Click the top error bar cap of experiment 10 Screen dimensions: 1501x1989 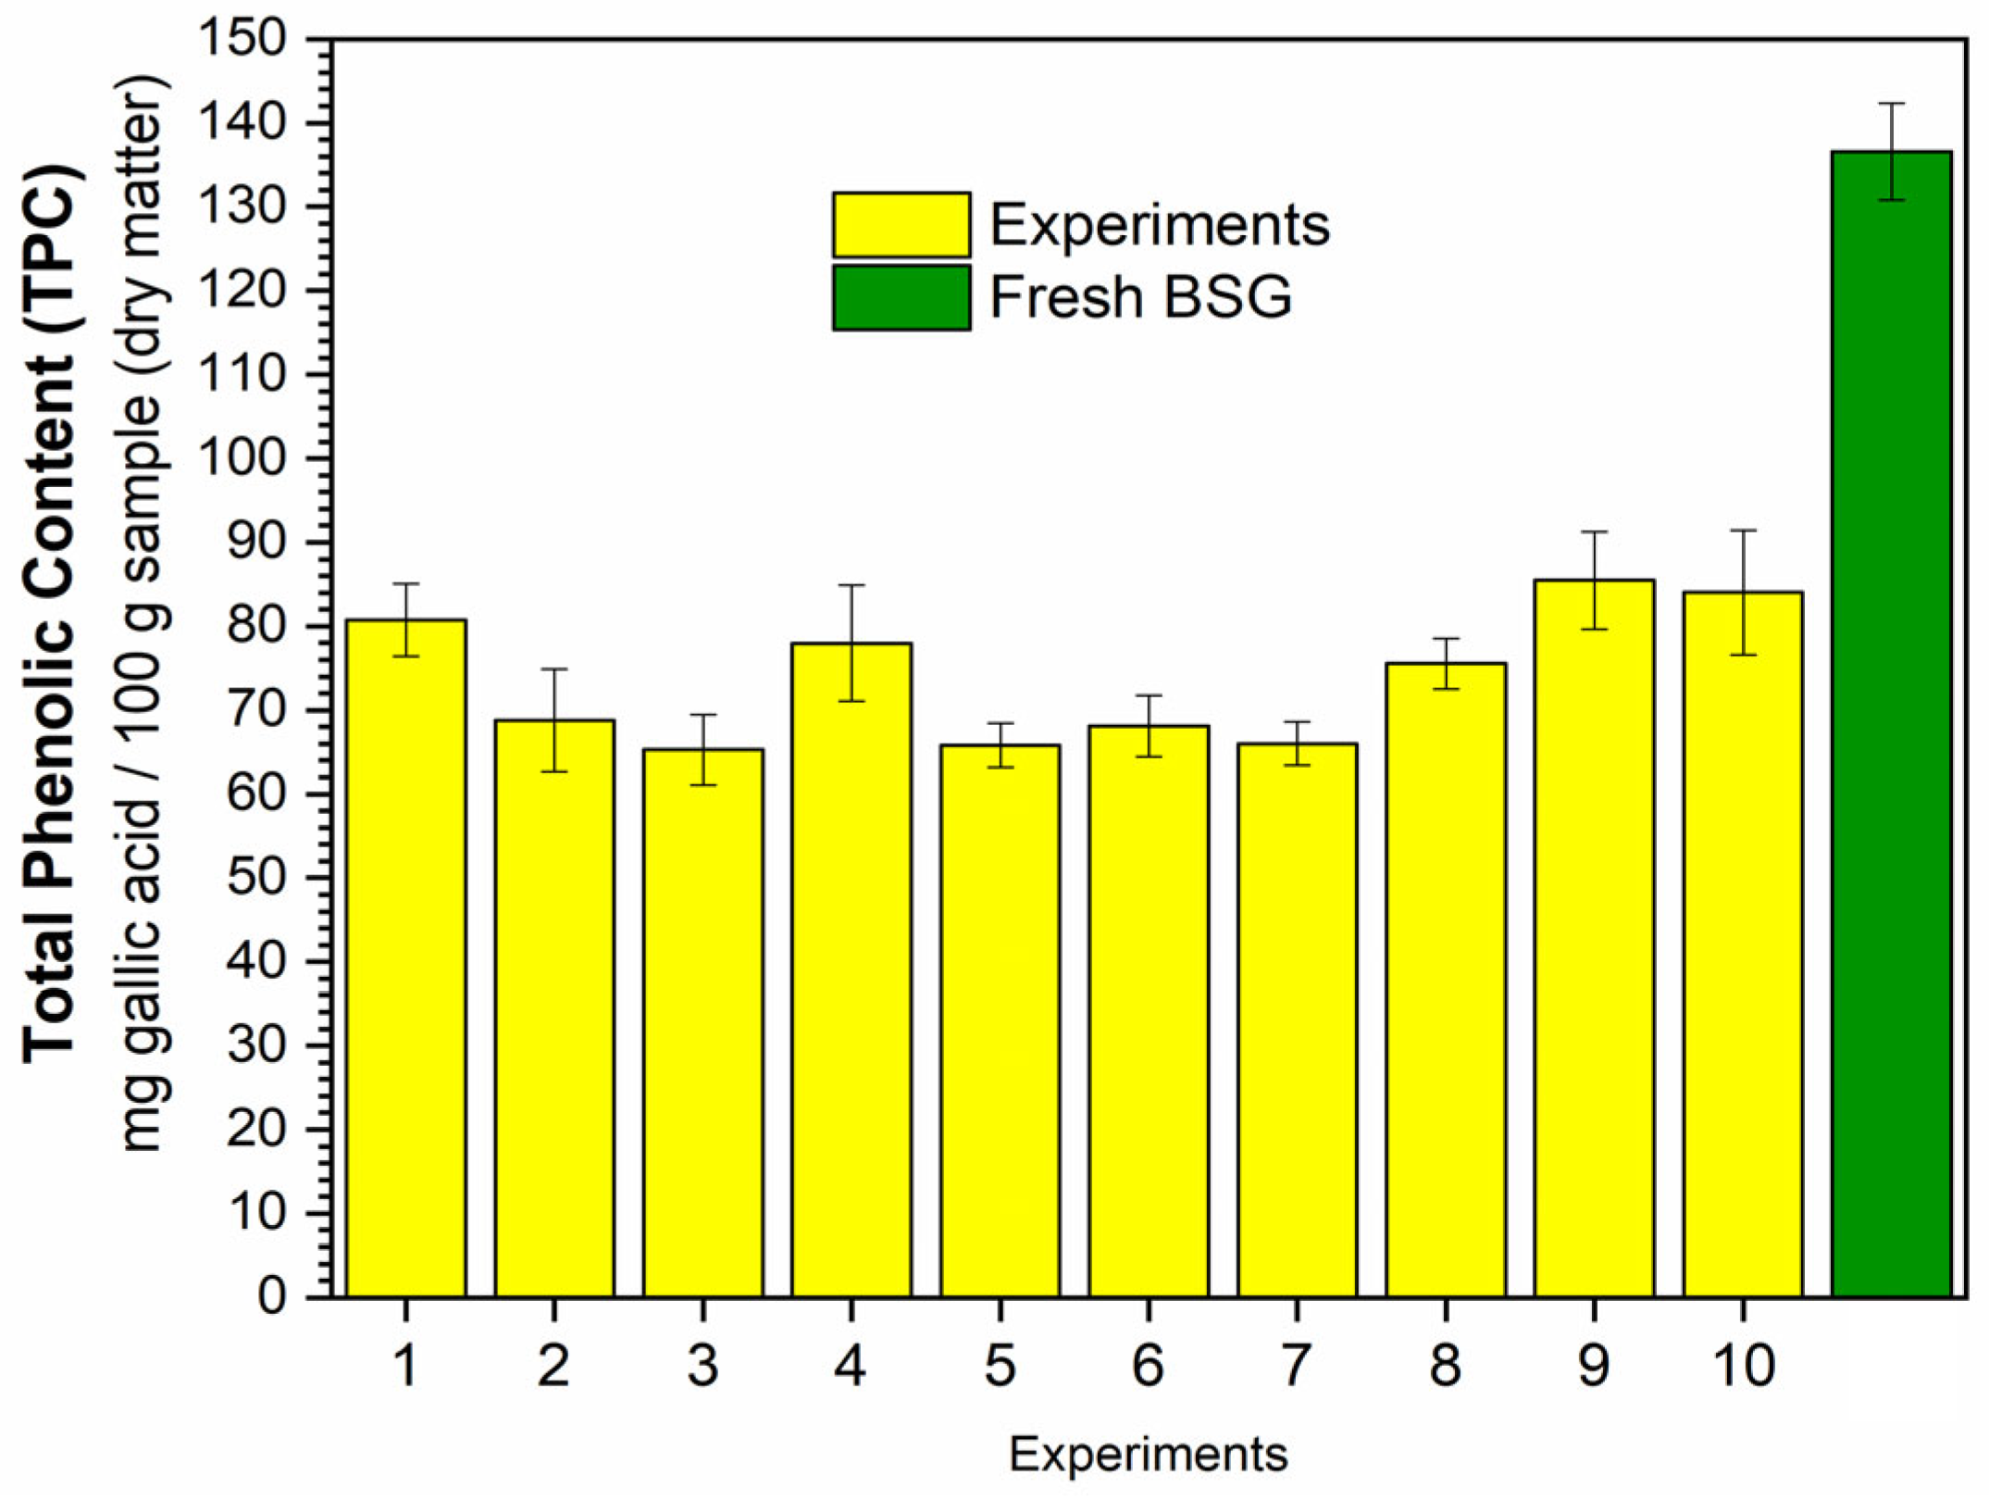tap(1743, 531)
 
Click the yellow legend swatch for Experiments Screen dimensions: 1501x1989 tap(901, 225)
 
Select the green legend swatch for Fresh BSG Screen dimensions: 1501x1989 tap(901, 297)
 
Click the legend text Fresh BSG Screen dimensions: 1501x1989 tap(1140, 297)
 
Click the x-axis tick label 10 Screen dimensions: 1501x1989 tap(1743, 1365)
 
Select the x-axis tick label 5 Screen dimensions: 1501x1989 tap(1000, 1365)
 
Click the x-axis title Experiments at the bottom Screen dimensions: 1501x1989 tap(1148, 1454)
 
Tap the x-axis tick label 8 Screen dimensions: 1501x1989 tap(1445, 1365)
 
